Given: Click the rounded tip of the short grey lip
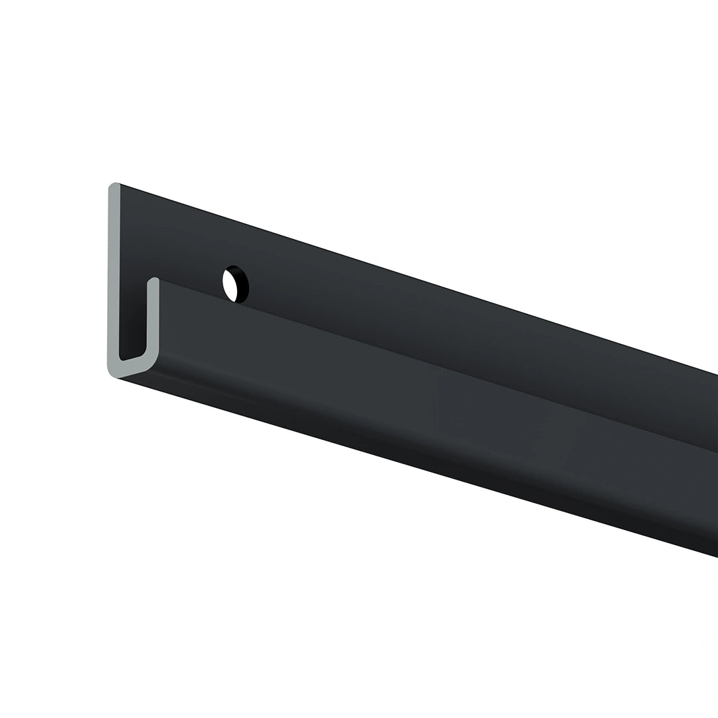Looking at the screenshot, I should click(153, 281).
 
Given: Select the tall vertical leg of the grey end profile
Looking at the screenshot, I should click(113, 274).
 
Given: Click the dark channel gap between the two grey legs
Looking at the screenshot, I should click(133, 313).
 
